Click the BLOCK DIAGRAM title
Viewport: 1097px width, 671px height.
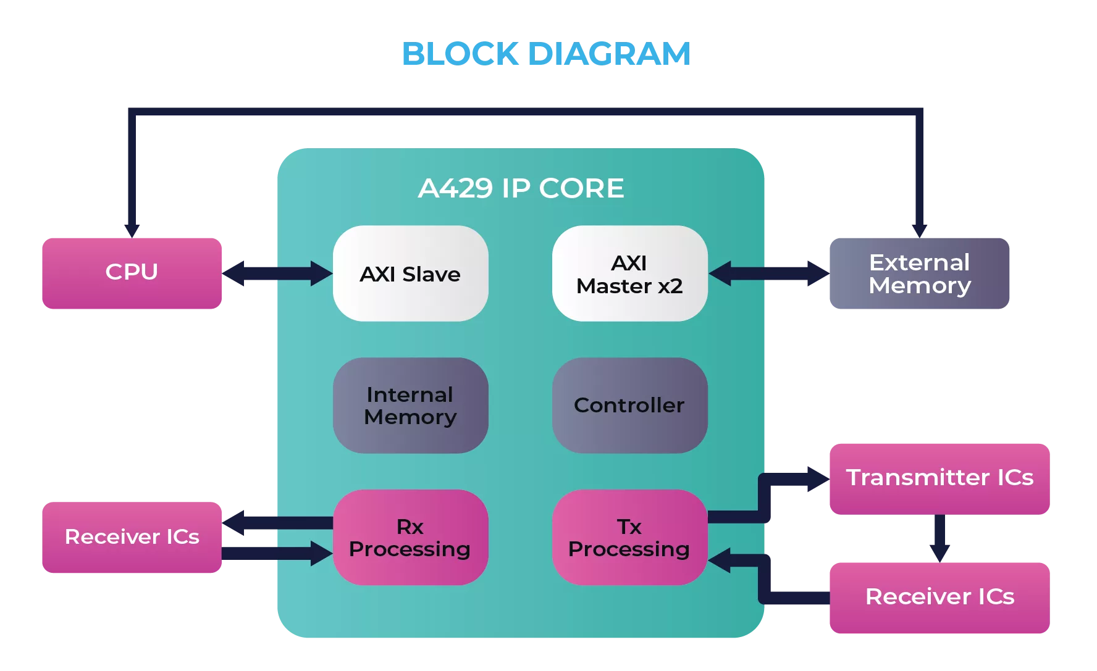546,54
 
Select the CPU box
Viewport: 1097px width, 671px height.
132,273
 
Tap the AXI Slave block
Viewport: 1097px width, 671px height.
410,273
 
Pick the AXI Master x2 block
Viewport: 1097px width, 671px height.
629,273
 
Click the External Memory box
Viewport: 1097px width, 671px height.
919,273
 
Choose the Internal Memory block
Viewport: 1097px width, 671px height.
410,406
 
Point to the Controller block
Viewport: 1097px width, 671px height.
629,406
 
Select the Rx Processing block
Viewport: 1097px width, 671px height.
410,538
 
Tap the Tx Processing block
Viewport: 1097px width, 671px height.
629,538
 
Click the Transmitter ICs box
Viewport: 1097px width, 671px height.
939,479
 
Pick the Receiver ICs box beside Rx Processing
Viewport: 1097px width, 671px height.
132,538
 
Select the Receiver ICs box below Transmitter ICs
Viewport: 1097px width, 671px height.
939,598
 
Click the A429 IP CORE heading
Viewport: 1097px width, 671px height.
521,188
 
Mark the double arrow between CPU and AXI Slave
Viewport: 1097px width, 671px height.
277,273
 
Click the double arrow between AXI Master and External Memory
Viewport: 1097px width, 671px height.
769,273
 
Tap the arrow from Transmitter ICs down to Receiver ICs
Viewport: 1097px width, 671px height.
939,538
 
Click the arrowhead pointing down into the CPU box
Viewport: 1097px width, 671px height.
132,231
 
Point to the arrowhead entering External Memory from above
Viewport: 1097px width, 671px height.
919,231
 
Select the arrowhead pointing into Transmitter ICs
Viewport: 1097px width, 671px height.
818,479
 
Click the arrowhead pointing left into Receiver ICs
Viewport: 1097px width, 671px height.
233,523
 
